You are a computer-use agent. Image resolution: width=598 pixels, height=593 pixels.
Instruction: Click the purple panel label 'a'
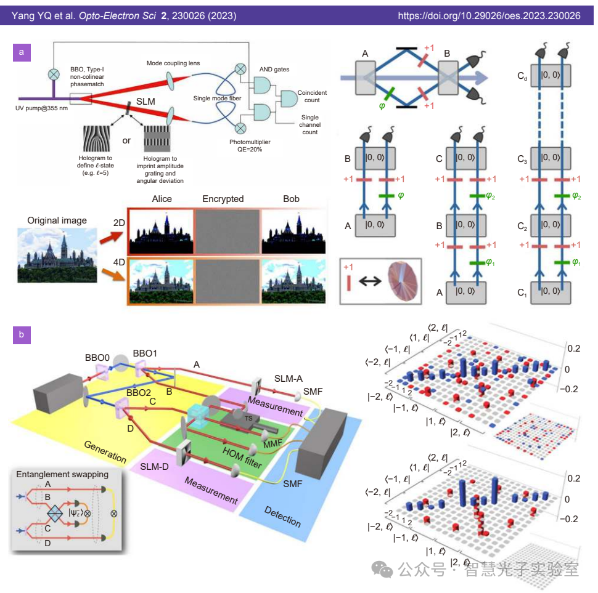click(x=22, y=52)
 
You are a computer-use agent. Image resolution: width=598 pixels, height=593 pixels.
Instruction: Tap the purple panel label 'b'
click(x=22, y=335)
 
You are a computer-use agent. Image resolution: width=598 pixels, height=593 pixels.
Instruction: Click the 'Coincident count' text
click(x=311, y=96)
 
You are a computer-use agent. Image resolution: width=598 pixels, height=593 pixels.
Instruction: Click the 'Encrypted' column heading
click(x=223, y=199)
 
